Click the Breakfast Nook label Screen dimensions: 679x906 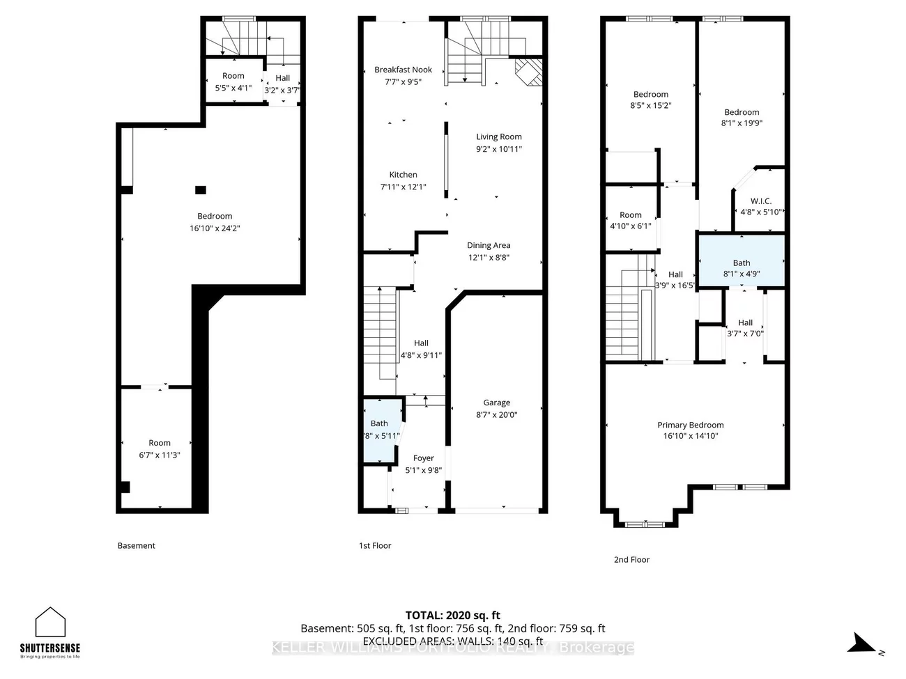(403, 70)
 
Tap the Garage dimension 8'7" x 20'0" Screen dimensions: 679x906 (496, 414)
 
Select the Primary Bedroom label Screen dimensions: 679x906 (690, 425)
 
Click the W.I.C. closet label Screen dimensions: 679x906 (760, 201)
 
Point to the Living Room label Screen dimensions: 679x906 (498, 137)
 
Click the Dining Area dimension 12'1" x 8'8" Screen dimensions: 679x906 (489, 257)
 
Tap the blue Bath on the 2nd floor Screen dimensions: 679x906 (742, 260)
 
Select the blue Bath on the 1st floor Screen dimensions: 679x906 (381, 430)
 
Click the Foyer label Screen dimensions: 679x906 (423, 458)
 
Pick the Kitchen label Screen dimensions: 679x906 (403, 175)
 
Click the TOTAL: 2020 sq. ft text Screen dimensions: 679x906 (453, 615)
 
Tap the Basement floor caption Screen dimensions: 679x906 (136, 546)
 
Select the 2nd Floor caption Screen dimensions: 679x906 (631, 559)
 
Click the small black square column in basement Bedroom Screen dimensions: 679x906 (201, 189)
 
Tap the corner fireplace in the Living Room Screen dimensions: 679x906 (529, 72)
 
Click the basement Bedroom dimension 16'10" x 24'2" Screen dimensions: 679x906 (215, 228)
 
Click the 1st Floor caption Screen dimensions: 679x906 (375, 546)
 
